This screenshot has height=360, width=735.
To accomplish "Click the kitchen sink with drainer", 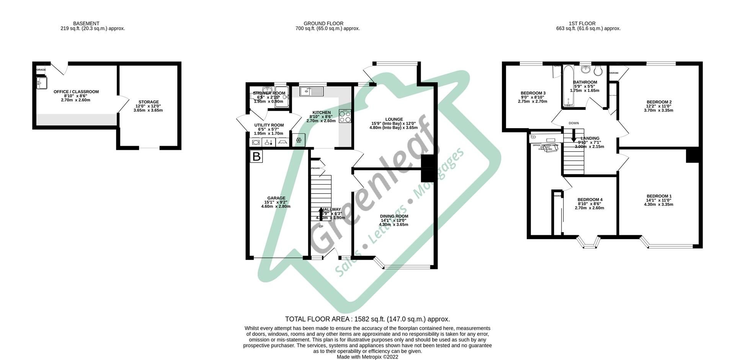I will click(312, 91).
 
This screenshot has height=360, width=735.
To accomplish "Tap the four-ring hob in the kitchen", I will click(345, 116).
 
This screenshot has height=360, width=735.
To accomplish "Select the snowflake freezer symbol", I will click(299, 141).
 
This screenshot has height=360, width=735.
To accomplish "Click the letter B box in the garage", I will click(256, 156).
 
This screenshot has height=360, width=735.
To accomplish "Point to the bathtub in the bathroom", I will click(567, 86).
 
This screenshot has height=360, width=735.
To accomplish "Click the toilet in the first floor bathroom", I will click(598, 70).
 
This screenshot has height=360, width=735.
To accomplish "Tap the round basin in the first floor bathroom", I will click(586, 70).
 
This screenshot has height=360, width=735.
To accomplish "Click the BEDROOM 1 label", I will click(658, 196).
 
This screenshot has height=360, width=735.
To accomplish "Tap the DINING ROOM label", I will click(394, 216).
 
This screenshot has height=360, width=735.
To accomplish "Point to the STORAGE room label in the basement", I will click(149, 102).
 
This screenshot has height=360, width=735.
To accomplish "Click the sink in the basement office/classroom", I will click(41, 83).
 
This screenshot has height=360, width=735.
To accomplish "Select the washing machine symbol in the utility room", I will click(256, 142).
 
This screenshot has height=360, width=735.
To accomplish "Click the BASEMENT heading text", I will click(86, 23).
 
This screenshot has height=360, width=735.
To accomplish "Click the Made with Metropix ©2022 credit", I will click(367, 357).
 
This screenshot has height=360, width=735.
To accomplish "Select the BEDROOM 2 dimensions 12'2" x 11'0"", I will click(658, 106).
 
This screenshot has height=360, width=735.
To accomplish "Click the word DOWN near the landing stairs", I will click(573, 123).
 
